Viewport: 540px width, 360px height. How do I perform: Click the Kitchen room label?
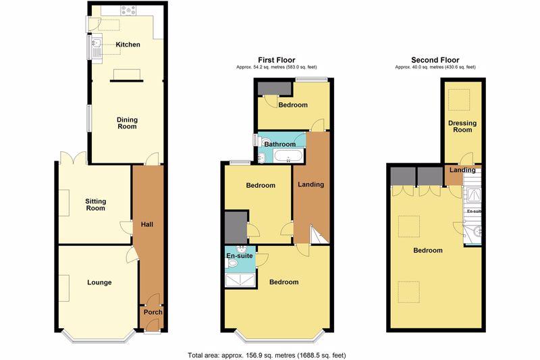tap(128, 45)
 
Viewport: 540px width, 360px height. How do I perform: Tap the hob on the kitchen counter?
tap(128, 11)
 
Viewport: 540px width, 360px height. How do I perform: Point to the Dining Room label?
tap(127, 123)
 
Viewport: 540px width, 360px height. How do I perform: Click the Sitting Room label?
tap(95, 205)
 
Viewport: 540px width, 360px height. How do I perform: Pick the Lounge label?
tap(99, 282)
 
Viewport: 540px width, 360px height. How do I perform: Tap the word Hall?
tap(147, 224)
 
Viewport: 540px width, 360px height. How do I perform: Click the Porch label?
tap(153, 312)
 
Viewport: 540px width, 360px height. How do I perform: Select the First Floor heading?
tap(277, 60)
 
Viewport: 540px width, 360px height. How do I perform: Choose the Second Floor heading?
tap(435, 60)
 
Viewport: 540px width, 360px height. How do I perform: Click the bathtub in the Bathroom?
tap(289, 156)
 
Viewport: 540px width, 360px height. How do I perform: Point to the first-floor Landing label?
tap(310, 184)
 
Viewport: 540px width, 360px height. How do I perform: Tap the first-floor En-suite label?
tap(240, 255)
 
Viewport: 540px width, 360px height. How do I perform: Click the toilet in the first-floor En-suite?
tap(232, 263)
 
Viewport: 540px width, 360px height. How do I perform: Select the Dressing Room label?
tap(462, 126)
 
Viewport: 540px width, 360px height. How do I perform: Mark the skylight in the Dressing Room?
tap(459, 99)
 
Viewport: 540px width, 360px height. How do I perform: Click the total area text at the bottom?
tap(267, 355)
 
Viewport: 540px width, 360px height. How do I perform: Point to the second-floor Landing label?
tap(462, 170)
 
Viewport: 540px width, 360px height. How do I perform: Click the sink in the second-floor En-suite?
tap(477, 232)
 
